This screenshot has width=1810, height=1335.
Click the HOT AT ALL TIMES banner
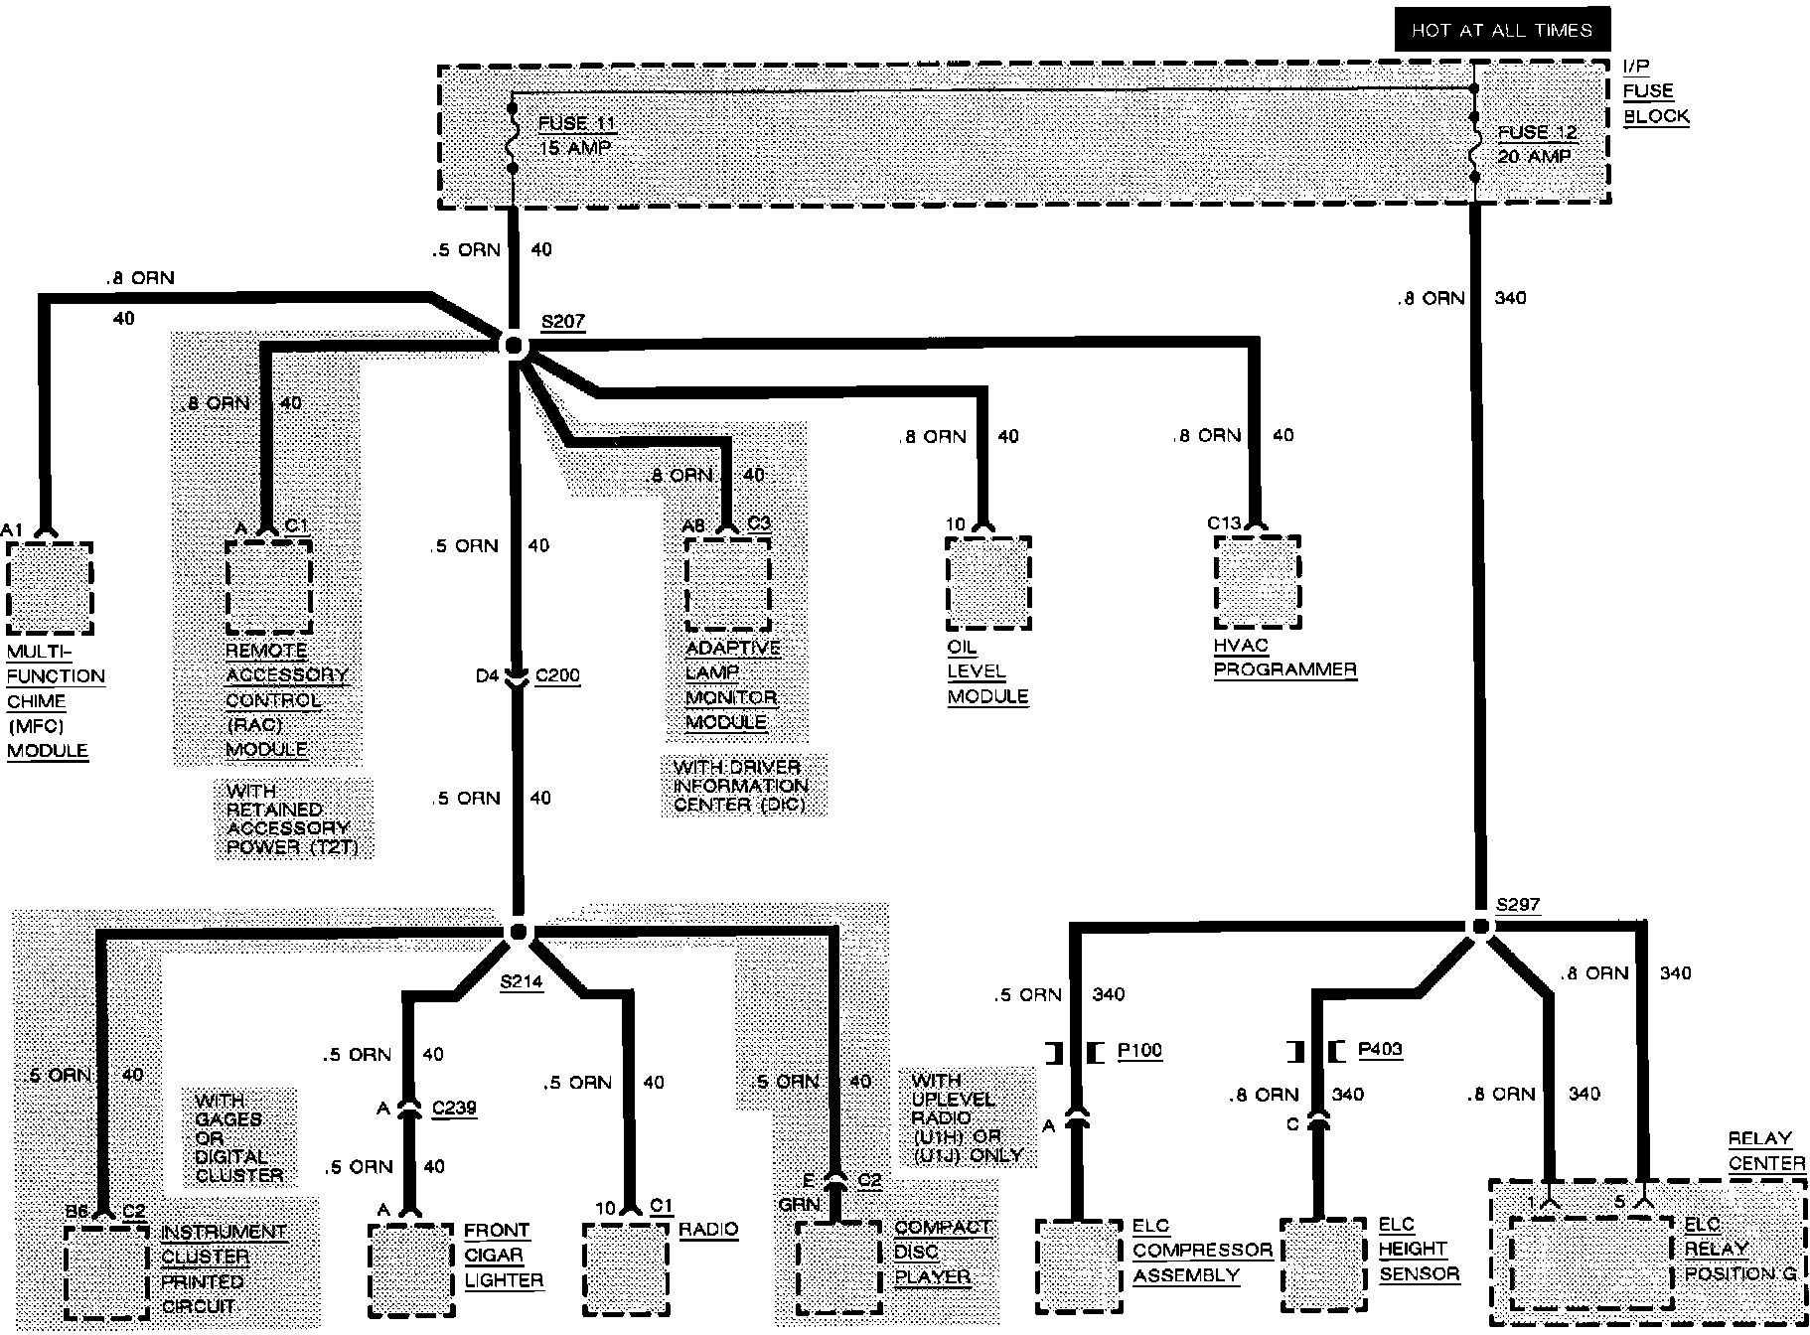[x=1501, y=30]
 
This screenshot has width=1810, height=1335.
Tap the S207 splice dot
[x=514, y=346]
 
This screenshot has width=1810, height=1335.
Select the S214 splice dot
[x=518, y=932]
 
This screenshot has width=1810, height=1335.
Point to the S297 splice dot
[x=1480, y=927]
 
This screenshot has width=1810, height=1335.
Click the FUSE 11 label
[x=576, y=124]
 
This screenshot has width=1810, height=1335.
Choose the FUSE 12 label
[x=1536, y=132]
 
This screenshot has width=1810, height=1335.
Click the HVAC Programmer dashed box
[x=1257, y=582]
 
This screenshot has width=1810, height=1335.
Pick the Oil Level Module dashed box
[x=987, y=583]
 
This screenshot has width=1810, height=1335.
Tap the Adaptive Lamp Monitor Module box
[x=727, y=584]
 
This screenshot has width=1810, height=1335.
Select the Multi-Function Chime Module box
[x=49, y=588]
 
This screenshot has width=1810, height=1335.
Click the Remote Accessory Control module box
[x=268, y=586]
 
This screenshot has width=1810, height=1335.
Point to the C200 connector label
[x=557, y=676]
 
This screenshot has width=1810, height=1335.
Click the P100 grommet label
[x=1139, y=1051]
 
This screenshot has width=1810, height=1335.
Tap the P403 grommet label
[x=1380, y=1049]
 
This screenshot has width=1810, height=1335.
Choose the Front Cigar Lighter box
[x=411, y=1269]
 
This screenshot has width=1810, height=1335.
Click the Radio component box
[x=625, y=1268]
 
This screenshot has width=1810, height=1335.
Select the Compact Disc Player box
[x=839, y=1267]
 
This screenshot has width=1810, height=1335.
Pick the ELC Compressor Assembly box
[x=1079, y=1264]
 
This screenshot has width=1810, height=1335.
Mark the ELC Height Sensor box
[x=1323, y=1264]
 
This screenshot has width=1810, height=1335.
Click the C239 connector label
[x=454, y=1108]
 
